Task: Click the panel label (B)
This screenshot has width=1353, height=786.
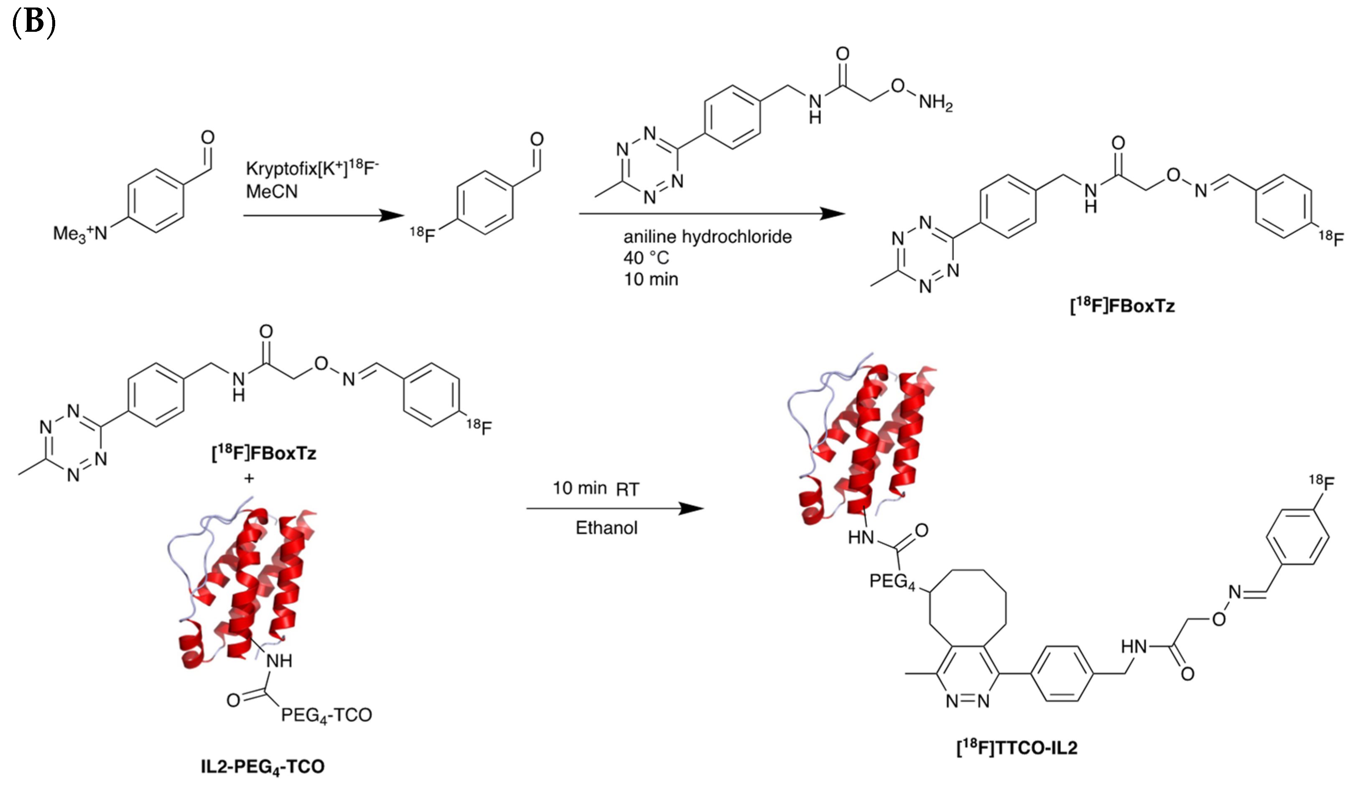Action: pyautogui.click(x=33, y=23)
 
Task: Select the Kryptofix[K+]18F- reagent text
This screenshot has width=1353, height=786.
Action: pyautogui.click(x=312, y=168)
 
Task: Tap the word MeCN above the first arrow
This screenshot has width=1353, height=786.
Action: pyautogui.click(x=272, y=191)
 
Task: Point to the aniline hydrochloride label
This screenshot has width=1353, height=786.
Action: pyautogui.click(x=707, y=237)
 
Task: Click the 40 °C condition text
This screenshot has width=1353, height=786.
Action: pyautogui.click(x=646, y=258)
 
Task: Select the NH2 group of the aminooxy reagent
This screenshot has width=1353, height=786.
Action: pyautogui.click(x=935, y=102)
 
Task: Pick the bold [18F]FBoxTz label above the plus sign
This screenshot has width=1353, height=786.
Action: pyautogui.click(x=264, y=453)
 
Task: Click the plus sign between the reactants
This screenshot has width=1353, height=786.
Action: pyautogui.click(x=249, y=478)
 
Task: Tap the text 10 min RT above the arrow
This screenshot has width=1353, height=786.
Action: pyautogui.click(x=596, y=489)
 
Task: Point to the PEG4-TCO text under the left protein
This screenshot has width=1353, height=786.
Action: pyautogui.click(x=326, y=715)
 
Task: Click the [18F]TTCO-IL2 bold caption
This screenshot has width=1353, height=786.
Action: pyautogui.click(x=1017, y=748)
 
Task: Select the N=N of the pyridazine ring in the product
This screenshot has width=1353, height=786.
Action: pyautogui.click(x=968, y=701)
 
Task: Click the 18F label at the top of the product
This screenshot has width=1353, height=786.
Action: pyautogui.click(x=1321, y=482)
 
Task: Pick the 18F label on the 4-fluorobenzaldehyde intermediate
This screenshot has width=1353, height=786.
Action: pyautogui.click(x=423, y=234)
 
